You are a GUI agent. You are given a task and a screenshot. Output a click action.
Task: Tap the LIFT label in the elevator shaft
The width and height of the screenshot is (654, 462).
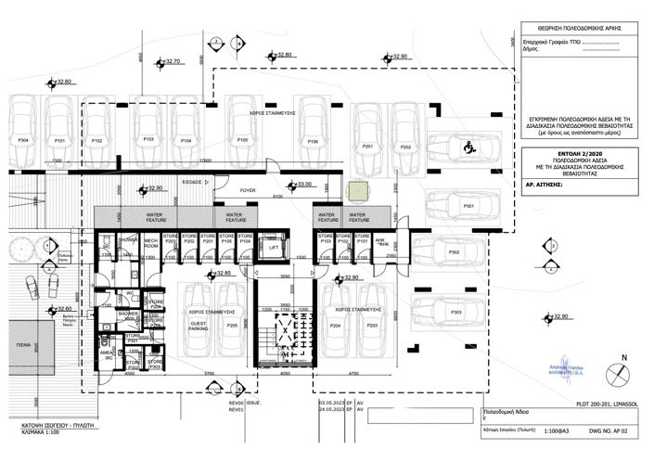click(x=273, y=249)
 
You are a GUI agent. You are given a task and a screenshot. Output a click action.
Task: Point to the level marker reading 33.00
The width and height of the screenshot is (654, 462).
click(x=301, y=185)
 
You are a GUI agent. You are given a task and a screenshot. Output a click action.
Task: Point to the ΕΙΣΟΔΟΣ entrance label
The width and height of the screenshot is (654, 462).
click(x=192, y=182)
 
